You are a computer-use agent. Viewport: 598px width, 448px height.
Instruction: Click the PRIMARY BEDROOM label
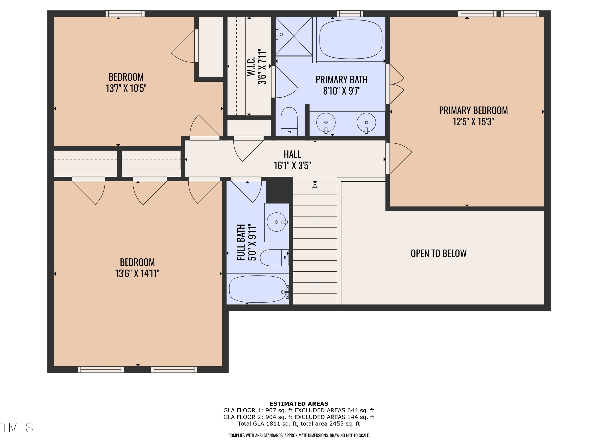[473, 111]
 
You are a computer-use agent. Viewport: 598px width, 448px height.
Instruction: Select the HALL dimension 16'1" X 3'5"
[292, 165]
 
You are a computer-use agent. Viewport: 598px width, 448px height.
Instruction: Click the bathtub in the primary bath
[351, 39]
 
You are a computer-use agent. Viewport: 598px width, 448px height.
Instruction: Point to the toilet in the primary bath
[289, 121]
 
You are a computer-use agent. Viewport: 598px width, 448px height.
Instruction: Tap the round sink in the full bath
[276, 222]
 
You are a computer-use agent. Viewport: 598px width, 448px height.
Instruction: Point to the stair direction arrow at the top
[315, 186]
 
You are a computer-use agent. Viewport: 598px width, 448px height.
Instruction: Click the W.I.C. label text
[251, 67]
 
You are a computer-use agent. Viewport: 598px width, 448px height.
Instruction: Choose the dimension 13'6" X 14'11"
[137, 274]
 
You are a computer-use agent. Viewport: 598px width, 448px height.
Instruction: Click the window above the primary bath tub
[350, 14]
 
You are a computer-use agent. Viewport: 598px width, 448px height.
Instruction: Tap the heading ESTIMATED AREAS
[299, 404]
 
